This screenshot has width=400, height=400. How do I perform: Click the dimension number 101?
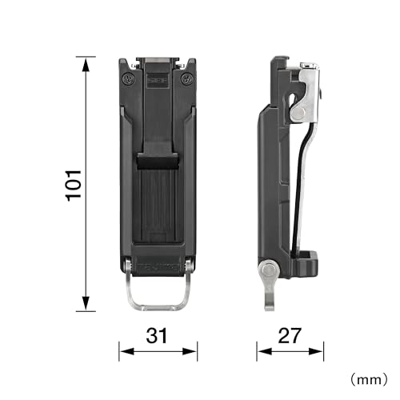click(74, 186)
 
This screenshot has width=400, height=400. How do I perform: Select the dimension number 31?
click(157, 335)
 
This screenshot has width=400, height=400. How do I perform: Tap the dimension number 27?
click(290, 335)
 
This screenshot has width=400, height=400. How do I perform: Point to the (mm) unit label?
click(369, 379)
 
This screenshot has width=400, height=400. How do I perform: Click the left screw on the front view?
click(129, 79)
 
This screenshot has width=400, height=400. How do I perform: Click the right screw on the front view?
click(186, 79)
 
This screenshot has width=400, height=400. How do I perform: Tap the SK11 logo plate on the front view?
click(158, 80)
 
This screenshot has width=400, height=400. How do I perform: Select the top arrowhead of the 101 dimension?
click(86, 66)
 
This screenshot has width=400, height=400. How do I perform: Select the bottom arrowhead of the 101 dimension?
click(86, 303)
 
